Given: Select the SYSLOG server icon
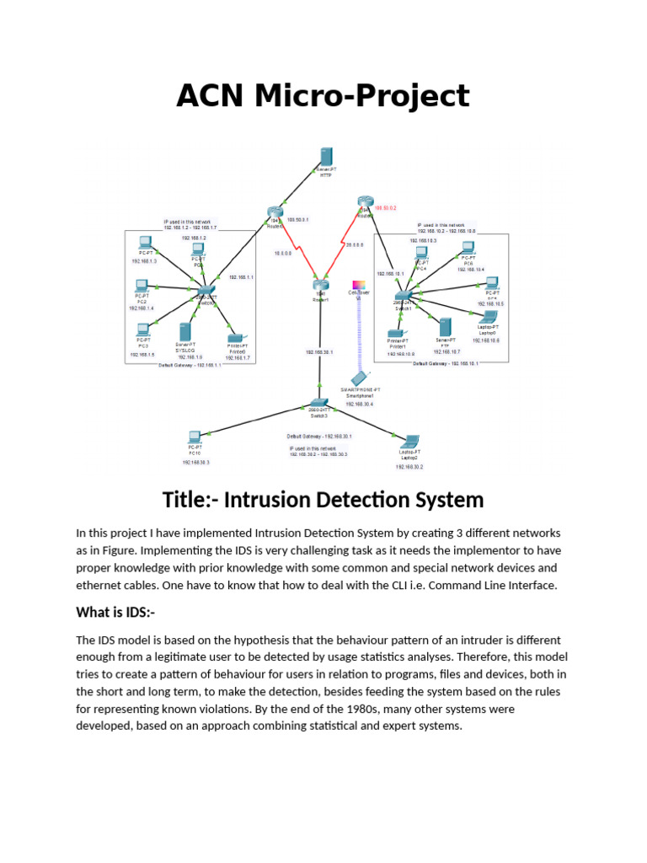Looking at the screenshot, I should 185,331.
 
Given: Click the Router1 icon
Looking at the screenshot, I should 320,287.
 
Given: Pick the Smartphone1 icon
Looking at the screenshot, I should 360,378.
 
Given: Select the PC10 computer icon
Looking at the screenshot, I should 195,437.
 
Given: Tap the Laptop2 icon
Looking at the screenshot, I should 410,441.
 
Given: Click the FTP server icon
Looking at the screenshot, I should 443,327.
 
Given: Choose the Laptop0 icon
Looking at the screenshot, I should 488,317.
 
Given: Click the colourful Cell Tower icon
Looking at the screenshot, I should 357,286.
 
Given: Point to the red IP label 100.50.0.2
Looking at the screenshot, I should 385,207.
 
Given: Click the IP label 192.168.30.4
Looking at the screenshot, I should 360,404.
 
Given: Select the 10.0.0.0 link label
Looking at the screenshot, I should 282,253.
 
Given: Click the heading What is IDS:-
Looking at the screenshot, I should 121,611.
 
